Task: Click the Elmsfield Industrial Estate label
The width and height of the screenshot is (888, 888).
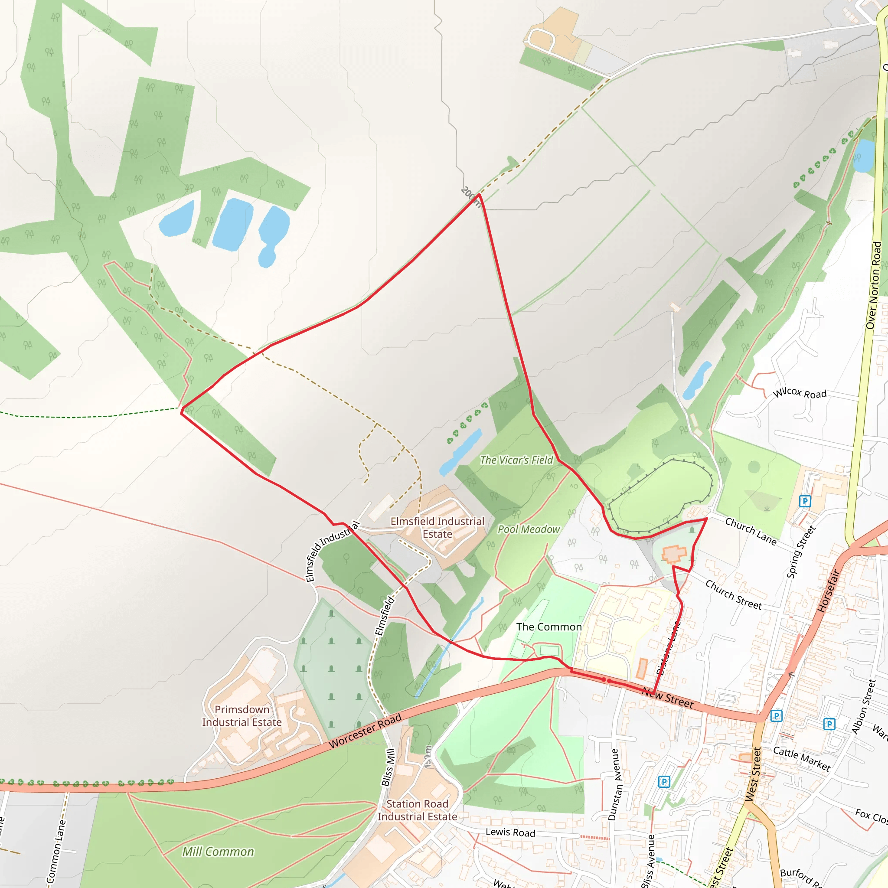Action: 437,528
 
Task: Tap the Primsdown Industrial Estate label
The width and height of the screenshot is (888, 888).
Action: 242,715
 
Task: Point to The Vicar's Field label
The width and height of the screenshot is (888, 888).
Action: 516,460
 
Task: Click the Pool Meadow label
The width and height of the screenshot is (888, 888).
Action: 529,529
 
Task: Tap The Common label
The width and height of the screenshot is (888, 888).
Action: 549,627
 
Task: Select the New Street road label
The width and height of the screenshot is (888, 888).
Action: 668,698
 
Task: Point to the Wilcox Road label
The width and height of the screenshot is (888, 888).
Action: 799,393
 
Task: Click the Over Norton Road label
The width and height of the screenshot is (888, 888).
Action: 873,285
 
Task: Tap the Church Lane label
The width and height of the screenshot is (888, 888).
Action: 751,531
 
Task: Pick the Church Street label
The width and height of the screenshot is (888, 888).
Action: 734,595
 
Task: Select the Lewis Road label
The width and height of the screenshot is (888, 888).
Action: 510,832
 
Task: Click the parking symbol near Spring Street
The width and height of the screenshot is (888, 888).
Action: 805,500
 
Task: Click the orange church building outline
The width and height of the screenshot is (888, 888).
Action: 674,554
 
